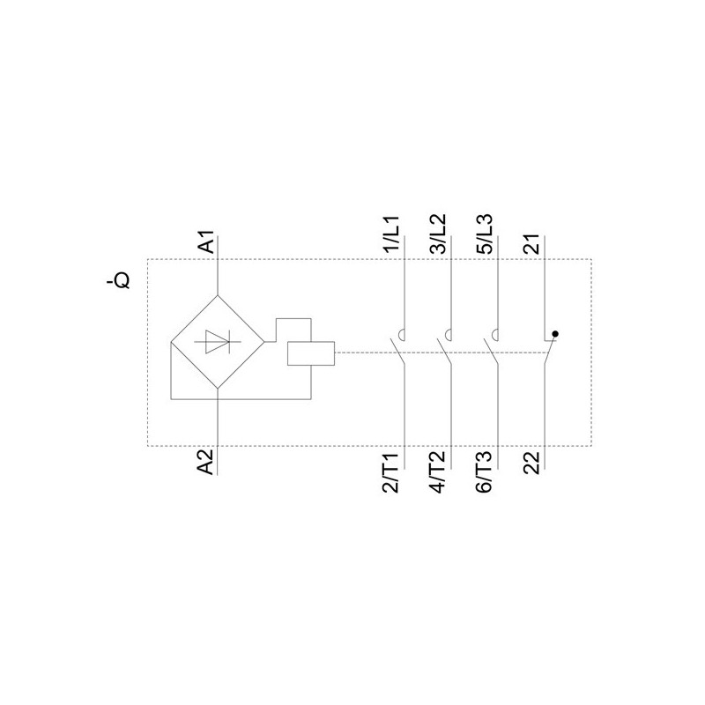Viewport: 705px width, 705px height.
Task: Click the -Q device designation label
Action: (118, 281)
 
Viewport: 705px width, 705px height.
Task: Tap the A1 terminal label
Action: (206, 242)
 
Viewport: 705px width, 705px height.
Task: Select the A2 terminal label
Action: (206, 461)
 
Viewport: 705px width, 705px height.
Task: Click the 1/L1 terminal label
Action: (391, 235)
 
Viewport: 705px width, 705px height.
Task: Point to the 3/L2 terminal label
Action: (438, 235)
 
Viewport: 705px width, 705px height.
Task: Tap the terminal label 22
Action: (532, 462)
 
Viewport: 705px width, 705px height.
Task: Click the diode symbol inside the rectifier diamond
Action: (217, 342)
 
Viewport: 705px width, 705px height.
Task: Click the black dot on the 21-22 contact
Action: (555, 334)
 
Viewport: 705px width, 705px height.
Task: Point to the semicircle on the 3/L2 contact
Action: (447, 334)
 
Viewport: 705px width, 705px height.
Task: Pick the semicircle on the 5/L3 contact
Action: (494, 334)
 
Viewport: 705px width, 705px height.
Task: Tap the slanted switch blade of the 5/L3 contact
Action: (492, 353)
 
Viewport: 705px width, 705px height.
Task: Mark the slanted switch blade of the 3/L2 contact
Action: (444, 353)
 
